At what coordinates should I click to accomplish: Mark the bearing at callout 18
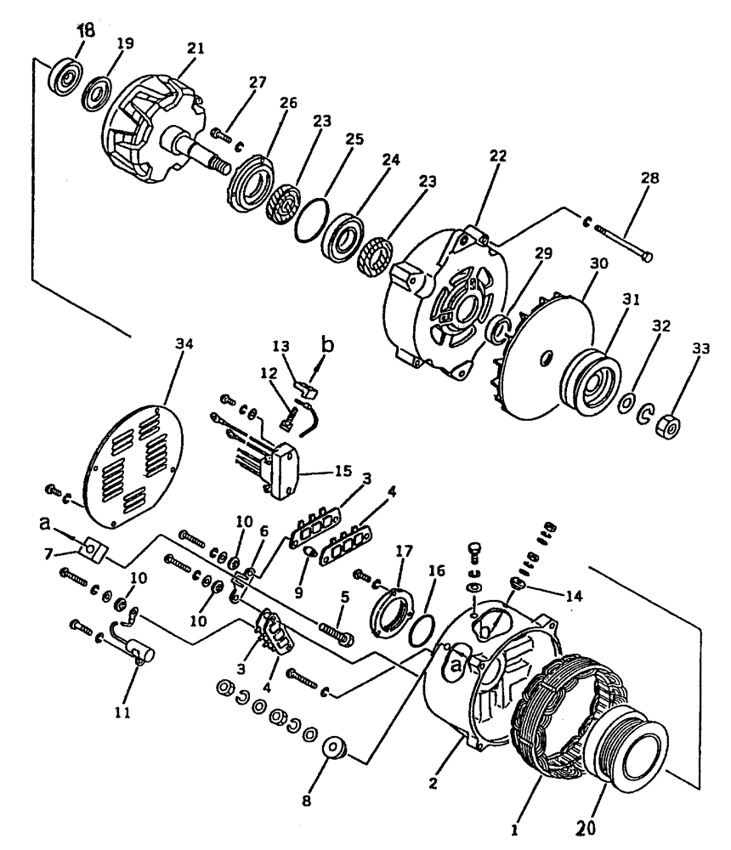tap(65, 76)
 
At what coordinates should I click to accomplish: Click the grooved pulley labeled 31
tap(586, 374)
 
